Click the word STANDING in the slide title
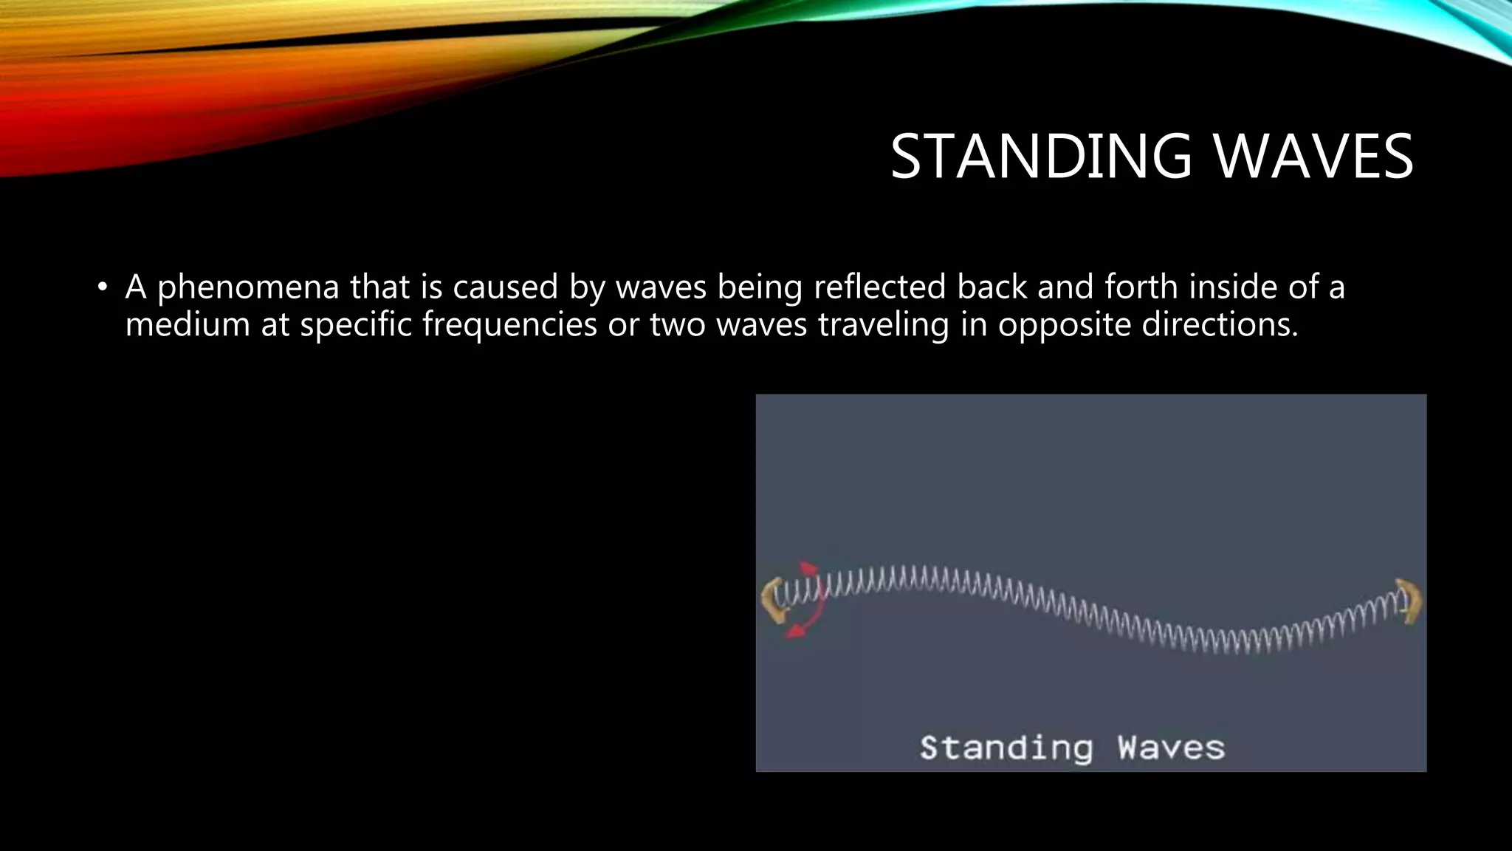1041,157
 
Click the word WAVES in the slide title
1313,157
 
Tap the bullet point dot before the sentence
103,287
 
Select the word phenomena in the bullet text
248,287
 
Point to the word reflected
879,287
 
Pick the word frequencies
509,325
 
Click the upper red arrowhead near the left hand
808,569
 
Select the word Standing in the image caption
1006,748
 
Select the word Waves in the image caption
1171,748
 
